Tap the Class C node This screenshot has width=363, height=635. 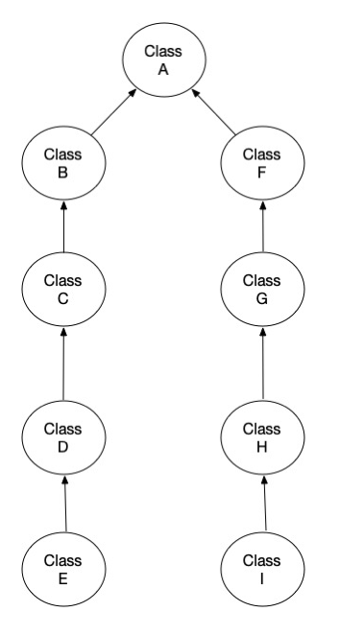[63, 289]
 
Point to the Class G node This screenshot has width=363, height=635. [262, 289]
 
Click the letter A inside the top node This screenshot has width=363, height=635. [163, 68]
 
